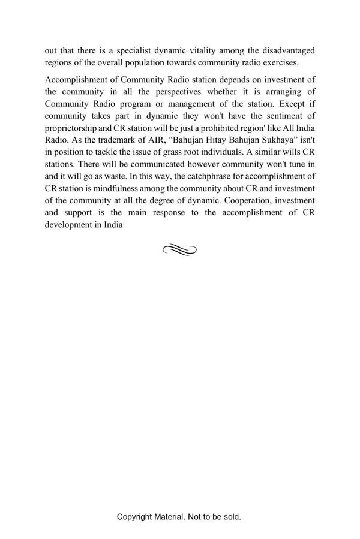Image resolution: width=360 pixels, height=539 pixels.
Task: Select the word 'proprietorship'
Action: [x=71, y=128]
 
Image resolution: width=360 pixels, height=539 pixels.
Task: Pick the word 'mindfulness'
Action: [x=113, y=188]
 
